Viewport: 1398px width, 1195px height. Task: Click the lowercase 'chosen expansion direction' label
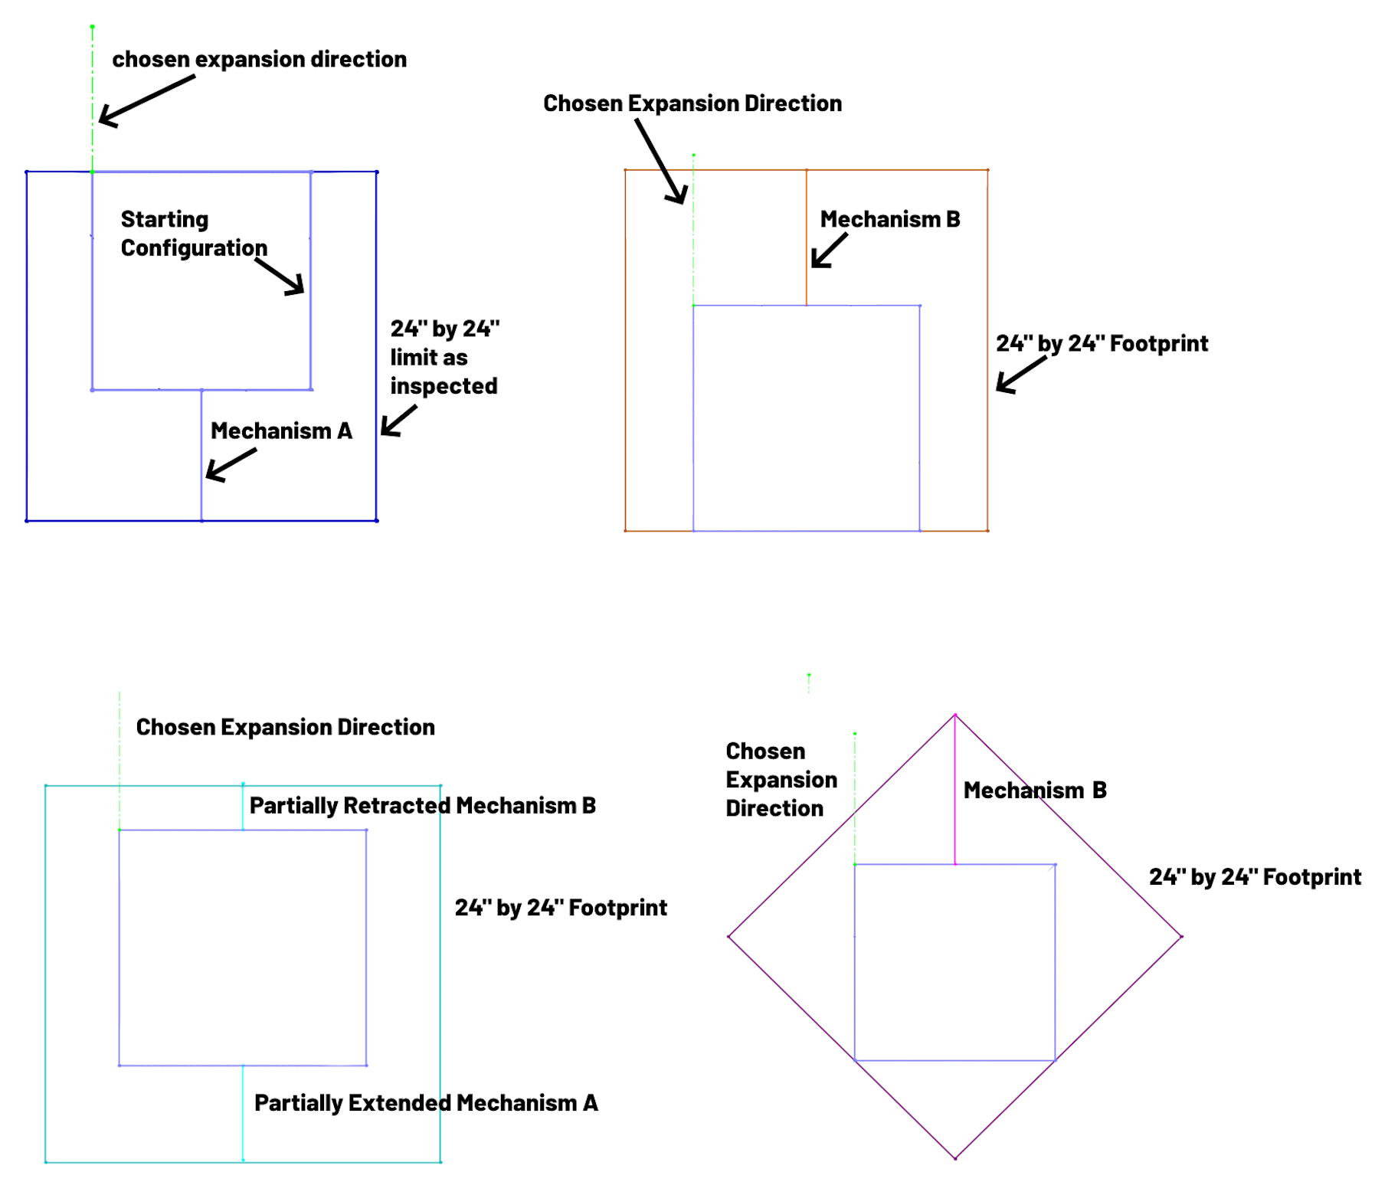[x=259, y=60]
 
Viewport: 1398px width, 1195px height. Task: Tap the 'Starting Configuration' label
[x=194, y=234]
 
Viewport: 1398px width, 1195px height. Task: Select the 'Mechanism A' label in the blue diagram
[x=281, y=431]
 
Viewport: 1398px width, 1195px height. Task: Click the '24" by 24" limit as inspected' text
[x=444, y=357]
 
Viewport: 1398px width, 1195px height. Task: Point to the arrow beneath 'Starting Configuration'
[x=280, y=277]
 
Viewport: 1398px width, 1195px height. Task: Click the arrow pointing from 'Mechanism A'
[x=231, y=464]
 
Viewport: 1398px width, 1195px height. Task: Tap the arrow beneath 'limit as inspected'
[x=398, y=421]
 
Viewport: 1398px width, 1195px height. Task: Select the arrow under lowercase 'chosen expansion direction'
[x=146, y=100]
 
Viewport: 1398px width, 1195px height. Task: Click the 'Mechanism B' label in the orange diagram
[x=889, y=220]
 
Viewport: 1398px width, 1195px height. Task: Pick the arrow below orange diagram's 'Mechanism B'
[x=830, y=250]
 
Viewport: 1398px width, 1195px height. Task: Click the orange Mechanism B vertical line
[x=807, y=237]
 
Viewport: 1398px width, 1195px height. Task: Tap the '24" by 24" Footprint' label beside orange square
[x=1102, y=344]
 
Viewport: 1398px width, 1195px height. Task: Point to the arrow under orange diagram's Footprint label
[x=1021, y=375]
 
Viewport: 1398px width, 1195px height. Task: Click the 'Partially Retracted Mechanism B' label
[x=422, y=806]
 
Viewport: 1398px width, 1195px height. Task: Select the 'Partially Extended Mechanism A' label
[x=426, y=1103]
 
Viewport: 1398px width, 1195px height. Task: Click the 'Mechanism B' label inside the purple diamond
[x=1035, y=791]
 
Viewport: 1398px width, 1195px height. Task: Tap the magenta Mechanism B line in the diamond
[x=955, y=790]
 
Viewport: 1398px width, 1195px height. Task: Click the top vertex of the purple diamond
[x=955, y=715]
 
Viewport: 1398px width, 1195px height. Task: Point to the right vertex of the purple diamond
[x=1182, y=936]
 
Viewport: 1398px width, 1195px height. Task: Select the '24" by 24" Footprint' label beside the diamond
[x=1255, y=877]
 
